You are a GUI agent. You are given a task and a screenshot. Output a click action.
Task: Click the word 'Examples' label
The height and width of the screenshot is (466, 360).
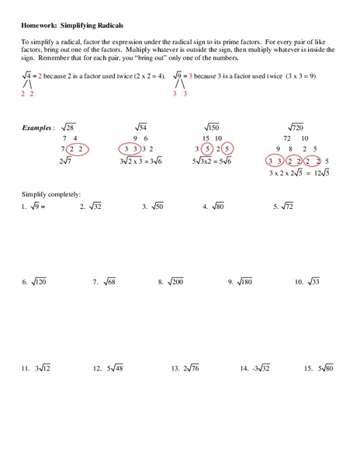[x=39, y=127]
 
